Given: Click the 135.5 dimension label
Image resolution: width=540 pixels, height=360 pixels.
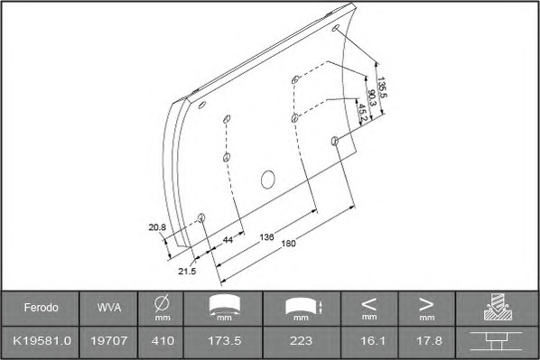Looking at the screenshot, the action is pyautogui.click(x=382, y=88).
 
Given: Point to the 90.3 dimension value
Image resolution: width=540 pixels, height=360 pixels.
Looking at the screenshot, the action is pyautogui.click(x=372, y=97).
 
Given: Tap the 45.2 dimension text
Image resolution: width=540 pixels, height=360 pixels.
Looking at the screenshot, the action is pyautogui.click(x=362, y=114).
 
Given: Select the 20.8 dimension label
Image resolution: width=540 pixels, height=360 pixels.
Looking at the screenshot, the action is pyautogui.click(x=157, y=227).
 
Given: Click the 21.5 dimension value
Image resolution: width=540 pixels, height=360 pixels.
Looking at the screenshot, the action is pyautogui.click(x=187, y=272).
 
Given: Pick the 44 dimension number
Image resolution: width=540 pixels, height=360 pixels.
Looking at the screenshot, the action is pyautogui.click(x=228, y=239).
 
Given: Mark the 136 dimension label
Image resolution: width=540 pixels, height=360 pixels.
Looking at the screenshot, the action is pyautogui.click(x=267, y=237).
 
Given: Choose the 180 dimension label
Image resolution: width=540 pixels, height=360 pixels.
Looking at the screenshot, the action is pyautogui.click(x=289, y=244).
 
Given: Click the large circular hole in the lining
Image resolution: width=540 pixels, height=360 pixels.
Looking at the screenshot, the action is pyautogui.click(x=267, y=180).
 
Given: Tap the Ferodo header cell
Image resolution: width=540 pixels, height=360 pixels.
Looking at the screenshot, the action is pyautogui.click(x=41, y=308).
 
